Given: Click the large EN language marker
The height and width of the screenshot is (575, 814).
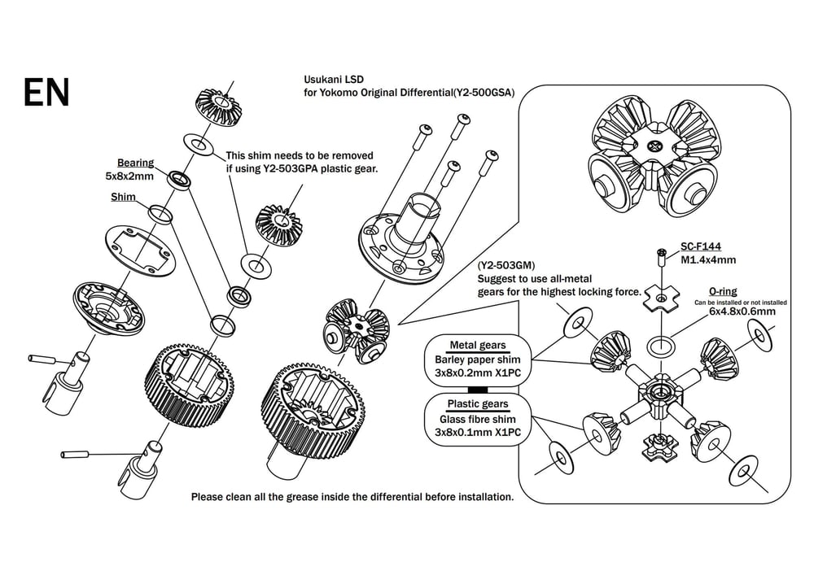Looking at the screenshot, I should (x=46, y=93).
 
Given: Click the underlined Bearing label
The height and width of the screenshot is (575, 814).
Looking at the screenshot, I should (x=135, y=163).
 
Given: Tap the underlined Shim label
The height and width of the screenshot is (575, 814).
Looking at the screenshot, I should (x=123, y=197).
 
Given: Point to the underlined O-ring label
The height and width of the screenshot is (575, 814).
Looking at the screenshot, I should (x=724, y=290).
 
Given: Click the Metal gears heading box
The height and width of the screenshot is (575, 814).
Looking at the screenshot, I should (x=477, y=345).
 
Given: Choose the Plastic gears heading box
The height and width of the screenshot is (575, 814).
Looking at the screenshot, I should (x=477, y=404).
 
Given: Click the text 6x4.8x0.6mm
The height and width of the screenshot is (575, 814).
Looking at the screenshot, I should (x=742, y=311).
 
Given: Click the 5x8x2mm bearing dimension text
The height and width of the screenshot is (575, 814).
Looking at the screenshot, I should (x=129, y=176).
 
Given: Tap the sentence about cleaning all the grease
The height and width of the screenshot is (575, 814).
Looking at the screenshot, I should (x=352, y=496).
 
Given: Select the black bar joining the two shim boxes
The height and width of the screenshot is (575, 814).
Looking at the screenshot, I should (x=477, y=389).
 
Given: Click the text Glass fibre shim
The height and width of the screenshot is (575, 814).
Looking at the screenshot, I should (x=477, y=419).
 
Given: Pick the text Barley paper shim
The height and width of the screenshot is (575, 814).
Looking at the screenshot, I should (x=477, y=359).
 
